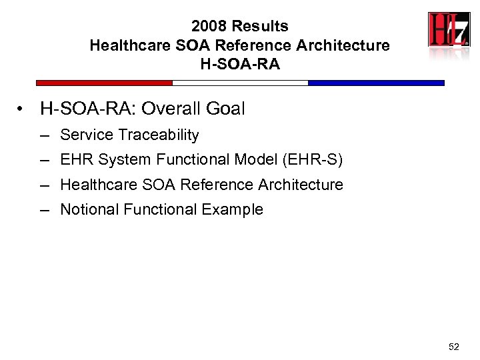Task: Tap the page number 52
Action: click(x=454, y=346)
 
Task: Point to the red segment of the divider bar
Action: click(x=104, y=83)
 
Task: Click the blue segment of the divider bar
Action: click(x=376, y=83)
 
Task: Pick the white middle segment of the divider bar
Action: click(x=240, y=83)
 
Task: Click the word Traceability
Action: click(x=158, y=135)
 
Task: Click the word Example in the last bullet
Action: click(x=233, y=209)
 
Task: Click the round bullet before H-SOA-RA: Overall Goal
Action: click(x=23, y=109)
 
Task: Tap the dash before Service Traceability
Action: click(x=45, y=135)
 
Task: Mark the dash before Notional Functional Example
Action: click(x=45, y=210)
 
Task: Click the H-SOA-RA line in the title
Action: click(x=240, y=65)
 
